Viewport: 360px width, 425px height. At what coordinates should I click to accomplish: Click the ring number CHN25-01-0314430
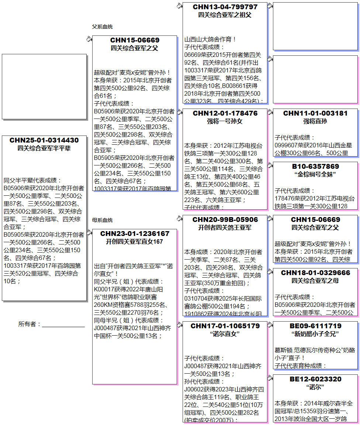[x=44, y=140]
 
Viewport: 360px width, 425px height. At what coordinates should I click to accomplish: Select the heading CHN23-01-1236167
[x=135, y=234]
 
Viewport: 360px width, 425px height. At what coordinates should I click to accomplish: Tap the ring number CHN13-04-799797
[x=225, y=7]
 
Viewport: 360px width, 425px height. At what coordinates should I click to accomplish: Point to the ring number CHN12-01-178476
[x=225, y=113]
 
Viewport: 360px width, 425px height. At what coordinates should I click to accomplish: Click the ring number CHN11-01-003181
[x=315, y=113]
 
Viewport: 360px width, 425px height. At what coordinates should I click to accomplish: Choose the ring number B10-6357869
[x=315, y=167]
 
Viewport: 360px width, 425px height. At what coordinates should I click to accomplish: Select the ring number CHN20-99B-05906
[x=225, y=220]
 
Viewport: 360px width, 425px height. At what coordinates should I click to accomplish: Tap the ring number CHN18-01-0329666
[x=315, y=273]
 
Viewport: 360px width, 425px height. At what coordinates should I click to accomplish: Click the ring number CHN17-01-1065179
[x=225, y=326]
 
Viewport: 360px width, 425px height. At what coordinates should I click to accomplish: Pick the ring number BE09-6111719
[x=315, y=326]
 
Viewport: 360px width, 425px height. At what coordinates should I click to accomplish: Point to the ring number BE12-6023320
[x=315, y=379]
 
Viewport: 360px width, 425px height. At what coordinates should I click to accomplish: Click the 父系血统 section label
[x=103, y=27]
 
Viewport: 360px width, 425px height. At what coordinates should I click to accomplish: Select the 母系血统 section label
[x=103, y=220]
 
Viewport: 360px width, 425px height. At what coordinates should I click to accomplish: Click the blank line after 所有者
[x=63, y=324]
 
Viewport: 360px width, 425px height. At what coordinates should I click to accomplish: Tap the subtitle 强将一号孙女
[x=225, y=121]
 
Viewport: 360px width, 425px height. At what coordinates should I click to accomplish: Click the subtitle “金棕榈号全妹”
[x=315, y=174]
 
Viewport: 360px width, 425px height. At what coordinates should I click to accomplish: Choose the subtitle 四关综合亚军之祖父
[x=225, y=15]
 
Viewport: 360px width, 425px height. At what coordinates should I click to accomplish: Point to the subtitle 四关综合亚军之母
[x=315, y=281]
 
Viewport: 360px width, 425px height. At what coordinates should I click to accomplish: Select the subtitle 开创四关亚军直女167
[x=135, y=241]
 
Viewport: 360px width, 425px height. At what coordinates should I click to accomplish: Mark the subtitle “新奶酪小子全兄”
[x=315, y=334]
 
